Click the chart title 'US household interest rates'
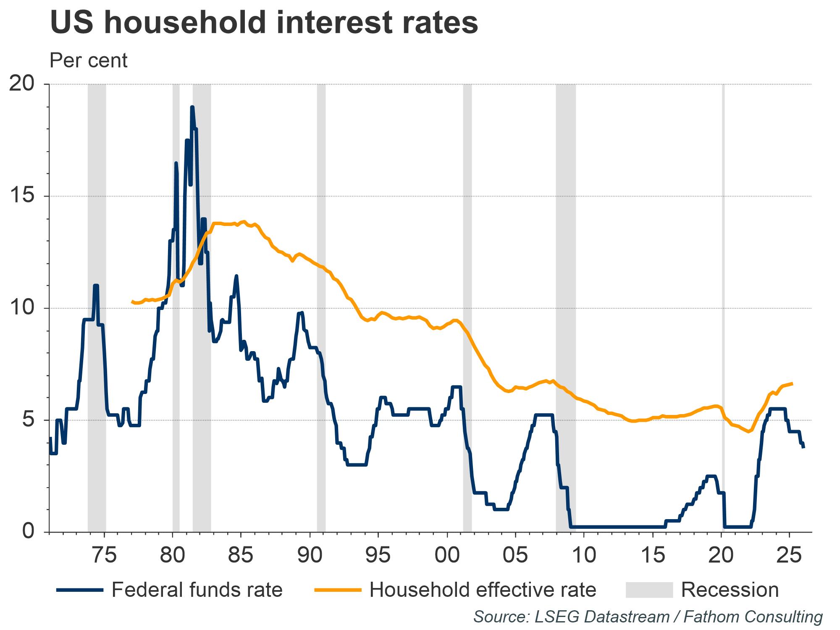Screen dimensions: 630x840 [264, 23]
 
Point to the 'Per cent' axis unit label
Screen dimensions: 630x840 [89, 61]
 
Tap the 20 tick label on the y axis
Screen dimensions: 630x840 [21, 84]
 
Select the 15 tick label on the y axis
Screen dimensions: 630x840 [21, 196]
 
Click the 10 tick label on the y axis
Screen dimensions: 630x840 [21, 308]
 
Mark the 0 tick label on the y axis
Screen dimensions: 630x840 [28, 531]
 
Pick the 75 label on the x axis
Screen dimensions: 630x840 [104, 555]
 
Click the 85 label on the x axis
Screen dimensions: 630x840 [241, 555]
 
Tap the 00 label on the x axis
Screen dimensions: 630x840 [447, 555]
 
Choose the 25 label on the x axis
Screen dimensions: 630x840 [790, 555]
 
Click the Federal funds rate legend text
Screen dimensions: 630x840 [197, 590]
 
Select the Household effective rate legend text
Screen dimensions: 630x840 [483, 590]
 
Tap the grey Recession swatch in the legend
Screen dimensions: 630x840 [649, 590]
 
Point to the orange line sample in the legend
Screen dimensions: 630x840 [338, 590]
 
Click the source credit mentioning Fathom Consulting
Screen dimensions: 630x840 [648, 617]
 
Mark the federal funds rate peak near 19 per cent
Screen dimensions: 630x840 [192, 108]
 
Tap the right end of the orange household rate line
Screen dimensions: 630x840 [792, 383]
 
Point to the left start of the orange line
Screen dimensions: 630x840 [132, 301]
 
